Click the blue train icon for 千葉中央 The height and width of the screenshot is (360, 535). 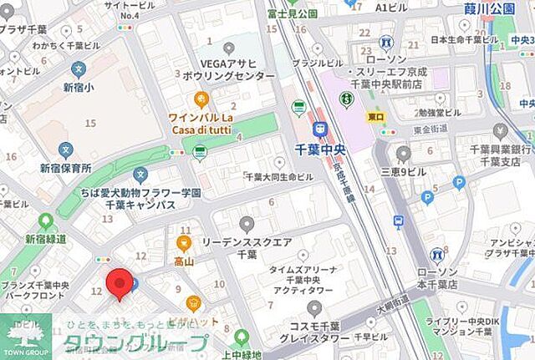[x=318, y=129]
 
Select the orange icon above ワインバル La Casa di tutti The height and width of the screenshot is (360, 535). [x=201, y=99]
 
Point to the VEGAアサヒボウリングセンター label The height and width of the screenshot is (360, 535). [x=227, y=69]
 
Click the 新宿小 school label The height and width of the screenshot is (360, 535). [x=79, y=87]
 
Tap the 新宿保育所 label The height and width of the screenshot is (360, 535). [x=65, y=168]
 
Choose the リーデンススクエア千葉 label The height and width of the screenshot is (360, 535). [x=247, y=247]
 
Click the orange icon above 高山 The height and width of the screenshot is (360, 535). [x=184, y=244]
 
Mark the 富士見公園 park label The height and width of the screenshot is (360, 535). [x=293, y=13]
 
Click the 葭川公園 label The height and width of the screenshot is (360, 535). [x=489, y=9]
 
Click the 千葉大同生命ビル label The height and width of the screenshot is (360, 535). [x=278, y=177]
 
